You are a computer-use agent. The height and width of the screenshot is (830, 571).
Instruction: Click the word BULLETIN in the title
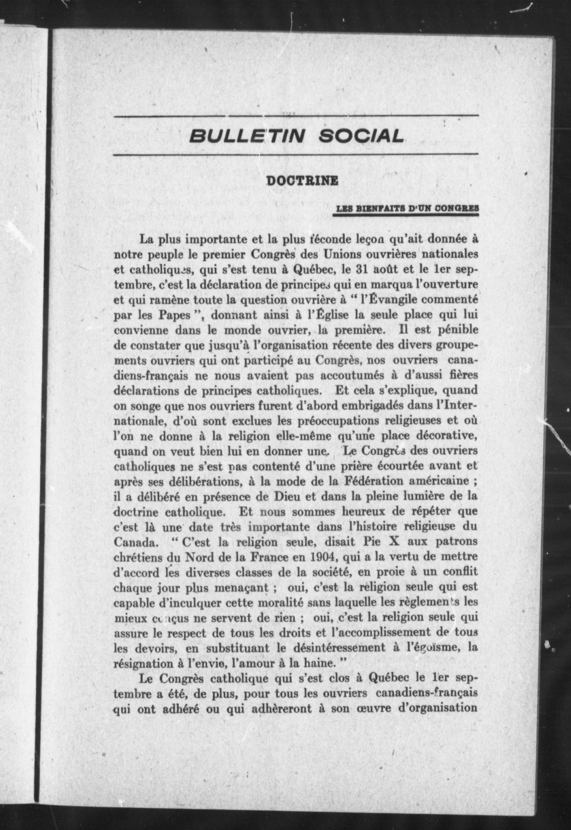(247, 136)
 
